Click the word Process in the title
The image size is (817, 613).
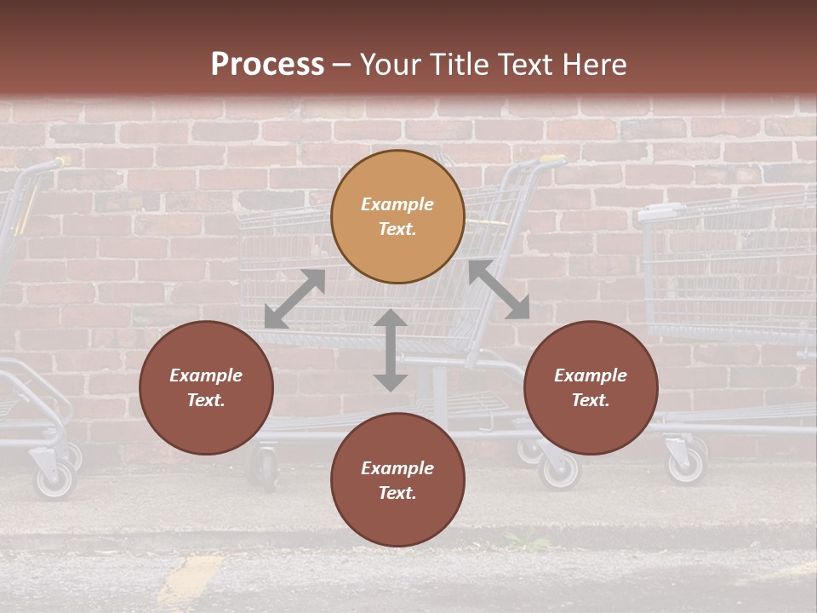pyautogui.click(x=267, y=65)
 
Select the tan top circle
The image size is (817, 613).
pyautogui.click(x=397, y=216)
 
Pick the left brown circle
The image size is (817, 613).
pyautogui.click(x=206, y=387)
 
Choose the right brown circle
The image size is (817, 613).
pyautogui.click(x=591, y=387)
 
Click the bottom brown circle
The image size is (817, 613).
pyautogui.click(x=397, y=480)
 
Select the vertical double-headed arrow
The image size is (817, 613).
pyautogui.click(x=391, y=350)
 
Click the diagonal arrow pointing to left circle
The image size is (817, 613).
pyautogui.click(x=294, y=299)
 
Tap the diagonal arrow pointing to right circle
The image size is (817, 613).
pyautogui.click(x=499, y=289)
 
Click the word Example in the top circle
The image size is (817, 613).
pyautogui.click(x=397, y=204)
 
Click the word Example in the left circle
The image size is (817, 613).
pyautogui.click(x=206, y=375)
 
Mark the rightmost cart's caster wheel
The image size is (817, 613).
pyautogui.click(x=685, y=464)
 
